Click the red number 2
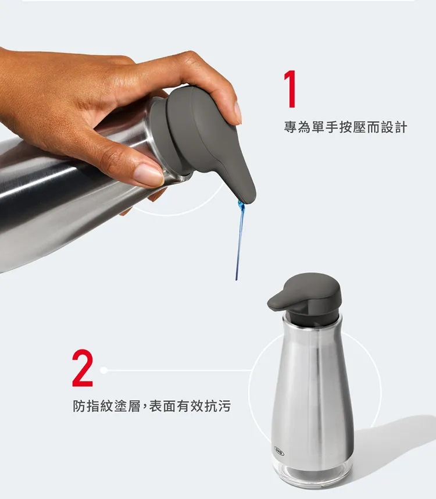tap(83, 368)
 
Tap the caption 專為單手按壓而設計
tap(345, 127)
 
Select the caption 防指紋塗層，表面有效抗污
tap(152, 406)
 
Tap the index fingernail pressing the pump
tap(238, 113)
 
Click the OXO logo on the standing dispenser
tap(279, 451)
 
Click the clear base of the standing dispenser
tap(312, 474)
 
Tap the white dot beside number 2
tap(103, 370)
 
